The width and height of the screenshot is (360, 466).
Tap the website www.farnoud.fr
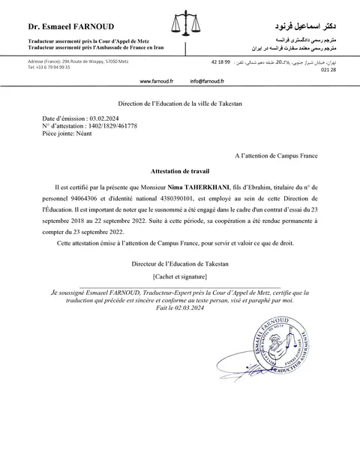(x=156, y=80)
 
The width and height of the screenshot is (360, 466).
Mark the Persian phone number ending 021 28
(x=328, y=68)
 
